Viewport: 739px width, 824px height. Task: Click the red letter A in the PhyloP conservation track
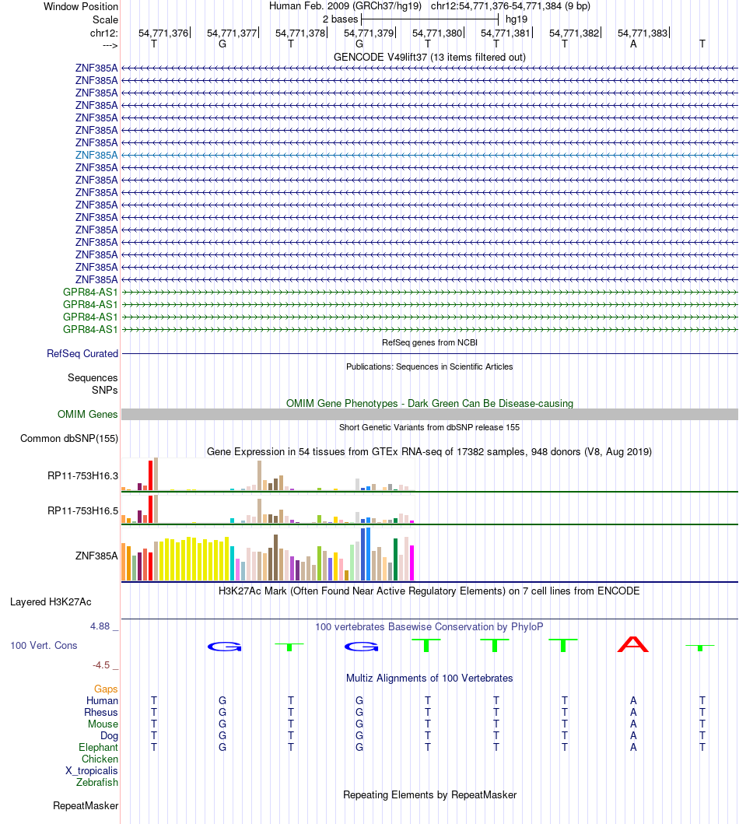[x=632, y=644]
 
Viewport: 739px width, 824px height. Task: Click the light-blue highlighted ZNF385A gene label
[x=96, y=155]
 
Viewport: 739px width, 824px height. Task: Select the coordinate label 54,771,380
[x=437, y=33]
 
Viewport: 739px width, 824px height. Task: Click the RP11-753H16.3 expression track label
[x=82, y=475]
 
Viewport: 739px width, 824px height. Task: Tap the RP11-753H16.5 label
[x=82, y=511]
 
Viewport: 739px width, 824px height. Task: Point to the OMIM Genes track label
[x=87, y=414]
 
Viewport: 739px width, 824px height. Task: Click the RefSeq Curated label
[x=82, y=353]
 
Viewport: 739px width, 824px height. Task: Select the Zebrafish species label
[x=97, y=783]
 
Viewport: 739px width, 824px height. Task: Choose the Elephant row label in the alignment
[x=99, y=748]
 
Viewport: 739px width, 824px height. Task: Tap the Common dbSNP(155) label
[x=69, y=439]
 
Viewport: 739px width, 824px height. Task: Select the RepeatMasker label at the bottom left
[x=86, y=805]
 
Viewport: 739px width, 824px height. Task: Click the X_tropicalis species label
[x=92, y=771]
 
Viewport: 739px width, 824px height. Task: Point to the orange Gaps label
[x=106, y=689]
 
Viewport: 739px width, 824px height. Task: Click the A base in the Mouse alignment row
[x=633, y=724]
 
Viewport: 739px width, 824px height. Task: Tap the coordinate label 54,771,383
[x=643, y=33]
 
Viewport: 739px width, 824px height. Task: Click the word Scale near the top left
[x=105, y=19]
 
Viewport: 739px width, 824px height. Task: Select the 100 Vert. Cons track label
[x=44, y=646]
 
